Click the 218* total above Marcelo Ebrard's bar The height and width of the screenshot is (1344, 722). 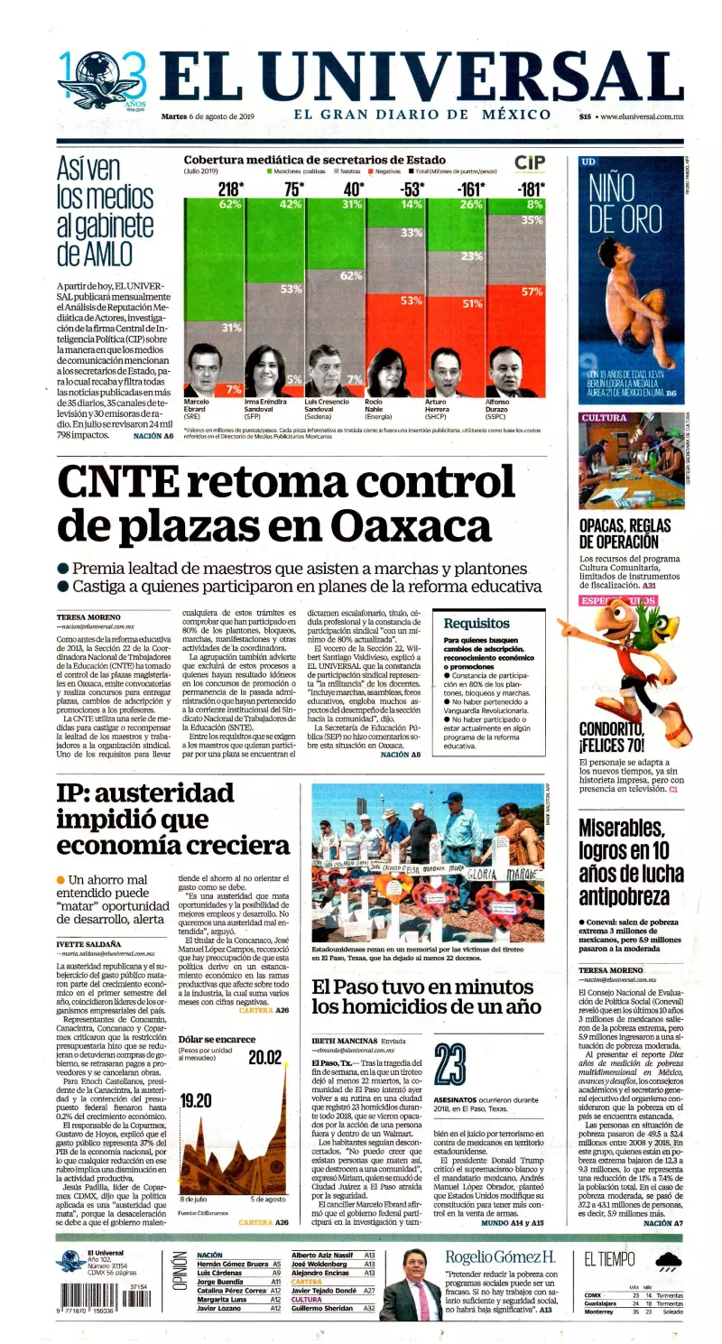230,190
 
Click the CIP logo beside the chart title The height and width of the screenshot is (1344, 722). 529,162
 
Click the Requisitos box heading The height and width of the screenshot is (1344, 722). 477,623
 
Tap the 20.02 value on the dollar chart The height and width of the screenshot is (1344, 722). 265,1057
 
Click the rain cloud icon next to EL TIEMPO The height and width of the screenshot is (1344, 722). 669,1262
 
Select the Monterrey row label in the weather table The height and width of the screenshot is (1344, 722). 600,1312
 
